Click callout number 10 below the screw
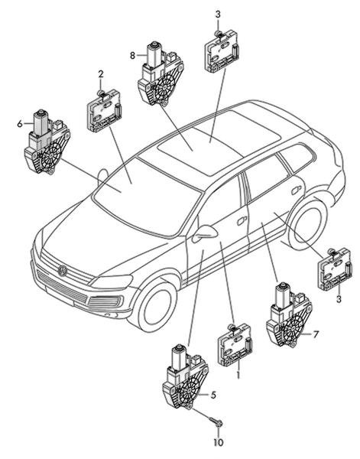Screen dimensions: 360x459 click(x=218, y=442)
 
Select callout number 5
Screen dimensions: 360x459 click(x=213, y=395)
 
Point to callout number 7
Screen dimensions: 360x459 click(x=315, y=334)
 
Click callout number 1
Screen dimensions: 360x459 click(x=238, y=375)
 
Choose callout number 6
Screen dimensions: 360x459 click(x=20, y=124)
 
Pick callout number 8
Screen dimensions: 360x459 click(x=132, y=55)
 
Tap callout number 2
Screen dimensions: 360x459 click(x=101, y=74)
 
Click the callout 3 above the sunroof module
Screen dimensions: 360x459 click(x=218, y=15)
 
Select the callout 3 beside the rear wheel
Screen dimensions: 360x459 click(x=339, y=299)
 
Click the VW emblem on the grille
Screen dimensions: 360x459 click(x=62, y=271)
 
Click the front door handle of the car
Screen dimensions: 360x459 click(x=242, y=221)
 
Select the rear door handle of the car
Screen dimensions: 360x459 click(x=297, y=190)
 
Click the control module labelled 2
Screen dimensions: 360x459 click(x=104, y=111)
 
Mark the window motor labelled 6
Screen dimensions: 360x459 click(x=47, y=143)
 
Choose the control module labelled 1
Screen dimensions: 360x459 click(x=235, y=345)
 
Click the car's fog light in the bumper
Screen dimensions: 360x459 click(x=105, y=302)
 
